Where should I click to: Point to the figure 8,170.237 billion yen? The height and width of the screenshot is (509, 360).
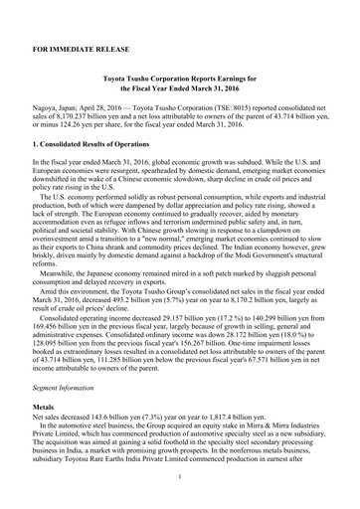pos(101,124)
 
